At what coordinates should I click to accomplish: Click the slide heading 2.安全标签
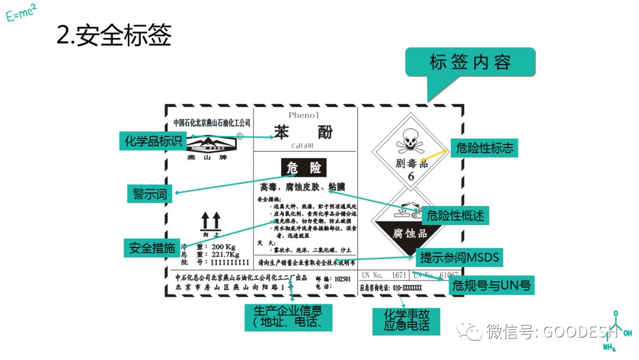click(x=114, y=36)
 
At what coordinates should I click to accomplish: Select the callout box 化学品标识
click(x=153, y=142)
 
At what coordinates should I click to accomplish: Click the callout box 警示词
click(x=150, y=194)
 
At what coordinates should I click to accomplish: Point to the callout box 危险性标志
click(x=485, y=148)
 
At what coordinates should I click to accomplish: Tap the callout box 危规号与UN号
click(x=491, y=287)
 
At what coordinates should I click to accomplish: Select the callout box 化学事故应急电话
click(x=406, y=320)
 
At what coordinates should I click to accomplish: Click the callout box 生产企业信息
click(x=288, y=317)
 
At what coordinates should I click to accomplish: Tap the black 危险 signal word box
click(x=304, y=168)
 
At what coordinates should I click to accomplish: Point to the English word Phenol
click(x=304, y=115)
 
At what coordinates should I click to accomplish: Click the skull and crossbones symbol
click(x=410, y=142)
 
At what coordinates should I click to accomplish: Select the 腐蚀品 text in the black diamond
click(x=409, y=233)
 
